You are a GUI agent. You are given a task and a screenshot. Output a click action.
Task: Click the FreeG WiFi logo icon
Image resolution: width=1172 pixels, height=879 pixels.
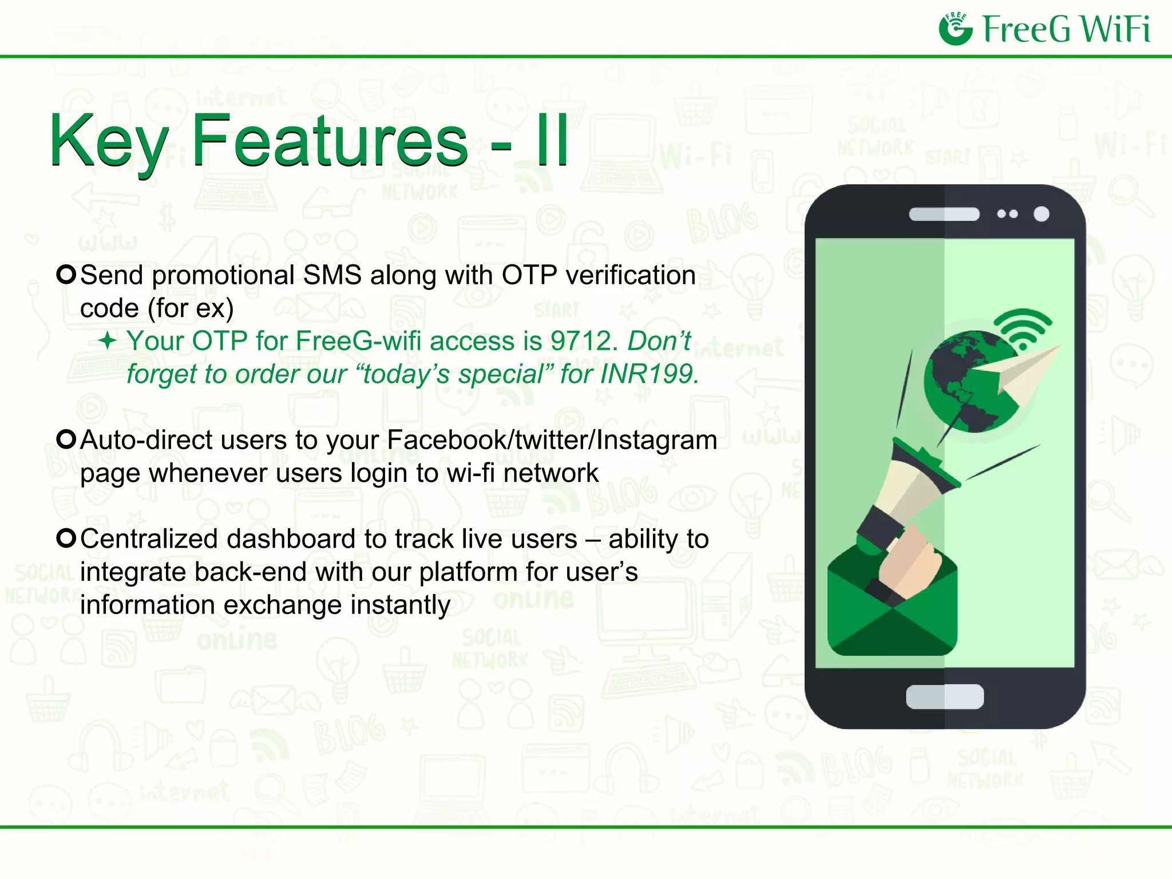coord(956,29)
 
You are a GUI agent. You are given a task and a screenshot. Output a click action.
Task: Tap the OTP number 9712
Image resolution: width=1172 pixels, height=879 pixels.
coord(583,342)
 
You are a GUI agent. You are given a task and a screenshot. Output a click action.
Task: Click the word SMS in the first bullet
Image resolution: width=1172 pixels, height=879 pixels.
coord(332,276)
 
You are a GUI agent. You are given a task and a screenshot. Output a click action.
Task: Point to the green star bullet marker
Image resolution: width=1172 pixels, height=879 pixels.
coord(108,342)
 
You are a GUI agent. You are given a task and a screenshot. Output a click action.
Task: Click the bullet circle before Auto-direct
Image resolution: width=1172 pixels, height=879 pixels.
coord(66,439)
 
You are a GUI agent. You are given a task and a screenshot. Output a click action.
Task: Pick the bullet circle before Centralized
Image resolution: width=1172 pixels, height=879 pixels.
coord(66,539)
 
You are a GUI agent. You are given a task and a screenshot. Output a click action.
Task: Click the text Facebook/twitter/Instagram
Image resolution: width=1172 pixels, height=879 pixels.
coord(552,441)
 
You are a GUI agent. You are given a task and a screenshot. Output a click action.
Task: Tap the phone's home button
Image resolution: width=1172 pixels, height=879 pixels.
coord(945,696)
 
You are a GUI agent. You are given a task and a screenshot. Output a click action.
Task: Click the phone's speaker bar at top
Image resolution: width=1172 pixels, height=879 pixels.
coord(944,214)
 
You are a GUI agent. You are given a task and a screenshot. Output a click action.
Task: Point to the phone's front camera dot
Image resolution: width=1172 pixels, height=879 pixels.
coord(1042,214)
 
